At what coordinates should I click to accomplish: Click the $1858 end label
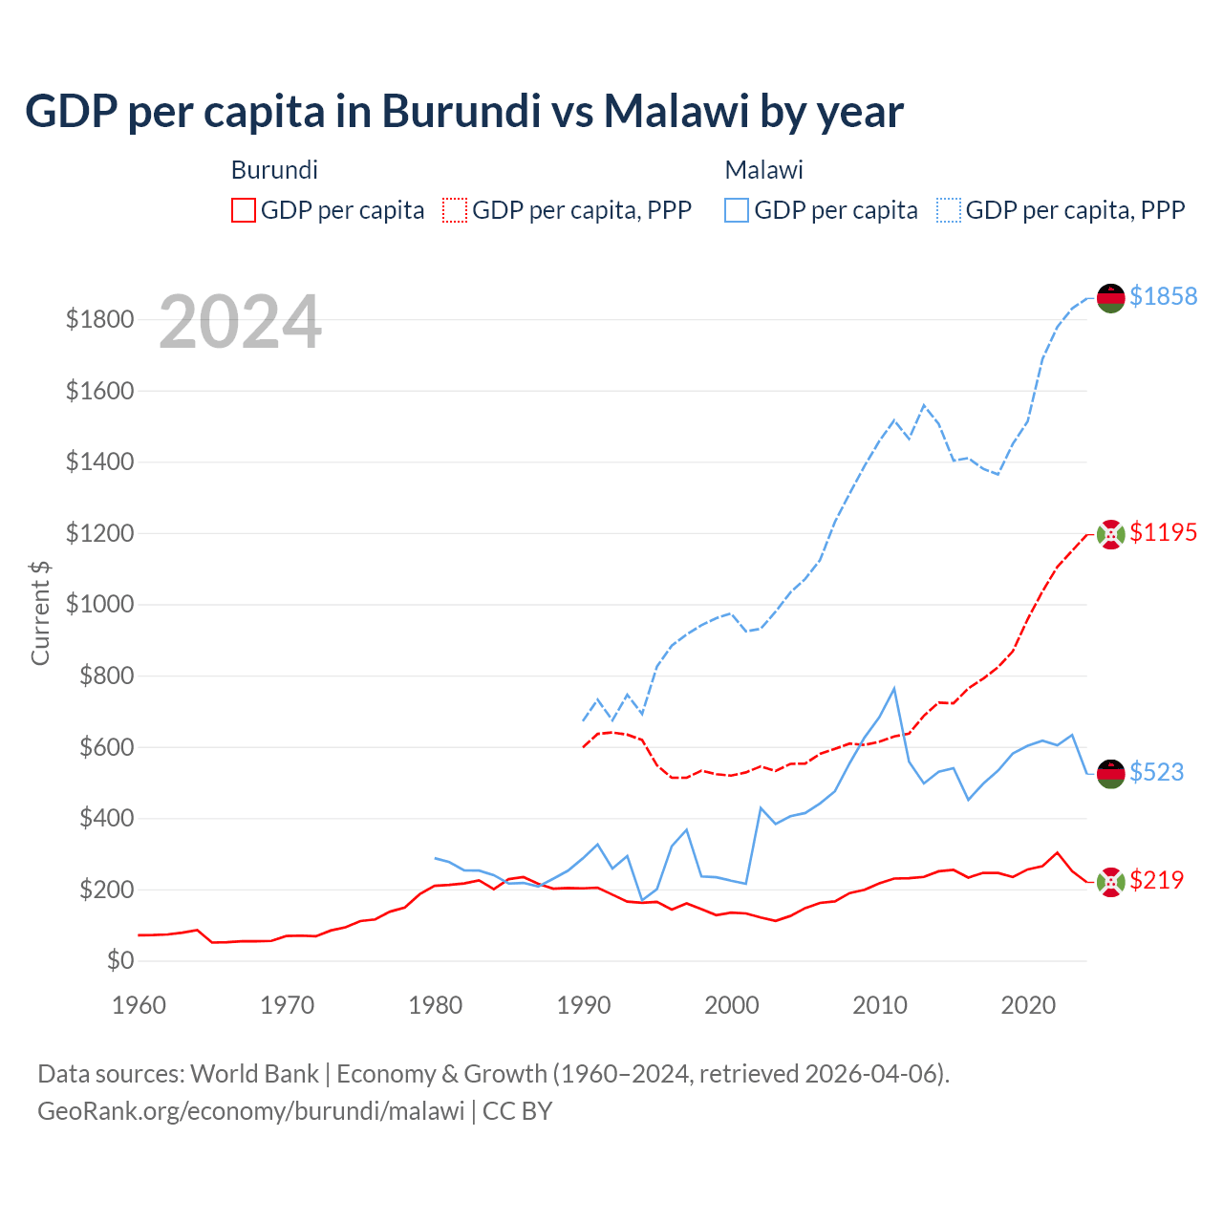tap(1163, 296)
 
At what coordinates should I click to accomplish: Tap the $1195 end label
tap(1163, 532)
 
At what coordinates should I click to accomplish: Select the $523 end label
tap(1156, 772)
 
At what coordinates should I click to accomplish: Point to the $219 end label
tap(1156, 880)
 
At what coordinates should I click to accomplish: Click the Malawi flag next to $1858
tap(1110, 297)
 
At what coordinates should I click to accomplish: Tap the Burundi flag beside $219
tap(1110, 882)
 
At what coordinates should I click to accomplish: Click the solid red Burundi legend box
tap(244, 210)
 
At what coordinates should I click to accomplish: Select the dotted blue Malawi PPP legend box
tap(949, 210)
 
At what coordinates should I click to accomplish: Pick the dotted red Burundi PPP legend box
tap(455, 210)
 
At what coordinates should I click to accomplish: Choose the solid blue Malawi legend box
tap(737, 210)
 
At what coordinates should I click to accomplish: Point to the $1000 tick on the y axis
tap(99, 605)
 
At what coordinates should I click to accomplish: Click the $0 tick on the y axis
tap(119, 960)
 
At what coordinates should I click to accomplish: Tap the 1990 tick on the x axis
tap(584, 1005)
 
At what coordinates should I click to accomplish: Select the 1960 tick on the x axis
tap(139, 1005)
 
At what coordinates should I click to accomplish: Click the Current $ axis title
tap(40, 612)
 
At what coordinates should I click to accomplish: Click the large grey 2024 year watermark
tap(240, 322)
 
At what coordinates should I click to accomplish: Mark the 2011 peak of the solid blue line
tap(894, 688)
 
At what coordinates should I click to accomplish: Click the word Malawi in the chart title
tap(676, 111)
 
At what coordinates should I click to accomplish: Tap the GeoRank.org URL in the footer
tap(250, 1111)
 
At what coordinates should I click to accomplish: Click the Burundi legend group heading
tap(274, 170)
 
